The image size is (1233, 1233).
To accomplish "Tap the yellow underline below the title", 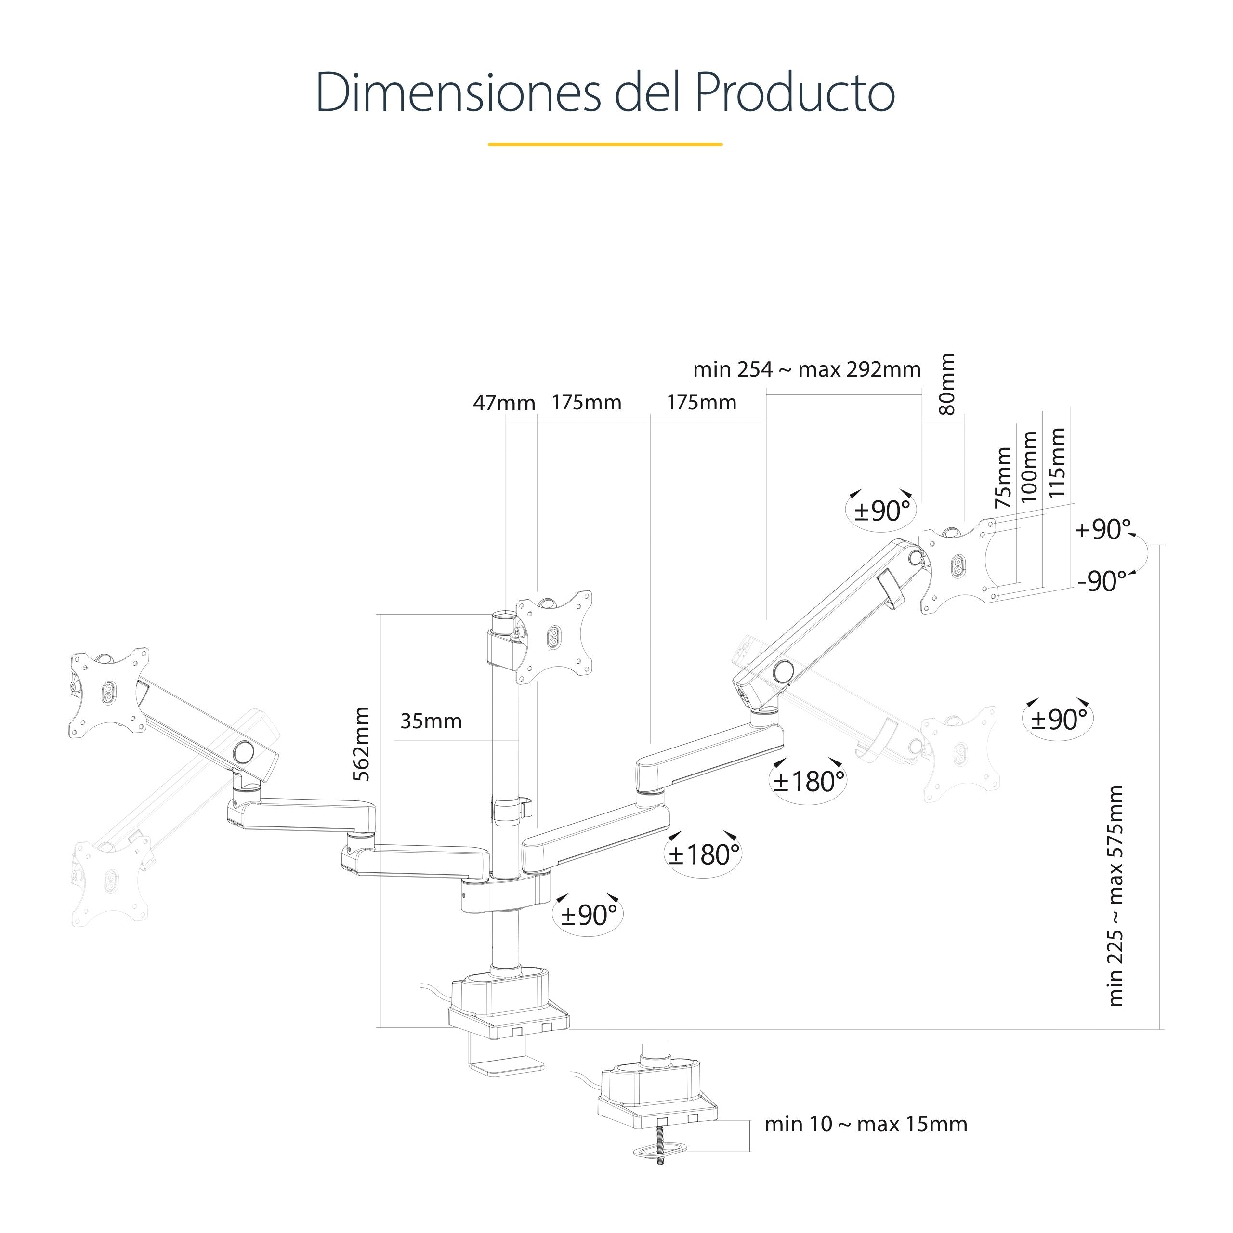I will tap(604, 144).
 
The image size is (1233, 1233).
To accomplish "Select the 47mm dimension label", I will tap(503, 403).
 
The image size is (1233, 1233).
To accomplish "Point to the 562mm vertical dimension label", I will tap(362, 744).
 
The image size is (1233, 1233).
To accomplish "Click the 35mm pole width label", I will tap(431, 721).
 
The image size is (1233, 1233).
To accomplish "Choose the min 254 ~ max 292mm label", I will tap(807, 369).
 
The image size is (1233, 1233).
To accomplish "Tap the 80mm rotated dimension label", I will tap(948, 384).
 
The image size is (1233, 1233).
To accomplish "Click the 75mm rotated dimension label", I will tap(1003, 478).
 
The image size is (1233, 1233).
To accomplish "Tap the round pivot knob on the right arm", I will tap(783, 671).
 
